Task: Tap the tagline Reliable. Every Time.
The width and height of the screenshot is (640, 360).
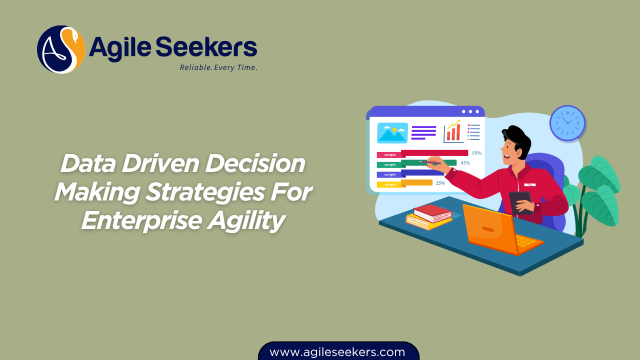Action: tap(218, 67)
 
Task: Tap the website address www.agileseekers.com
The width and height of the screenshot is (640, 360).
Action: tap(337, 352)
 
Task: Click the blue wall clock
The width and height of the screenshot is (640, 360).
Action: tap(567, 122)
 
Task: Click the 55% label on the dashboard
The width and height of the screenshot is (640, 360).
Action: tap(476, 153)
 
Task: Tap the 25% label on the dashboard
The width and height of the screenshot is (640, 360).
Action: tap(440, 183)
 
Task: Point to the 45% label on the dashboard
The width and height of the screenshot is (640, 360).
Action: tap(465, 163)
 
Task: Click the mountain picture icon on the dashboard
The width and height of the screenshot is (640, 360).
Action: tap(392, 133)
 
